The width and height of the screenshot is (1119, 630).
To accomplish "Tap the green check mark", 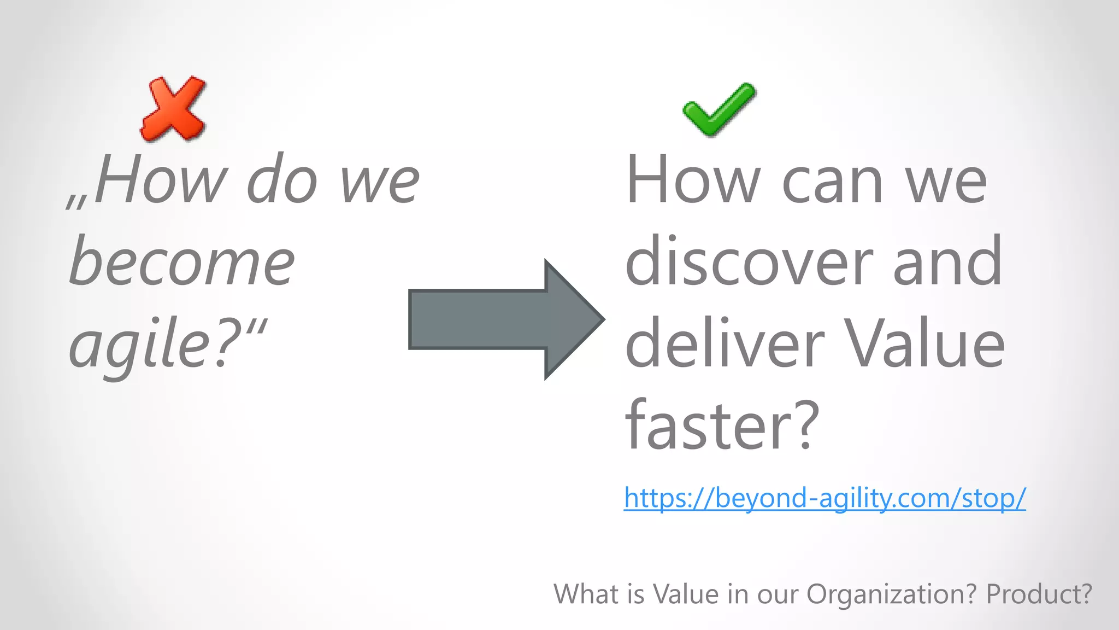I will (718, 109).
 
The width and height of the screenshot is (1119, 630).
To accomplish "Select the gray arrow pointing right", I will (506, 319).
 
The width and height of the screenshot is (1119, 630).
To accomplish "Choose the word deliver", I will (725, 345).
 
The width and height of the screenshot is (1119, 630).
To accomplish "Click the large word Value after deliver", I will (924, 345).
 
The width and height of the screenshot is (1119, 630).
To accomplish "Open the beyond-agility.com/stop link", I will (824, 498).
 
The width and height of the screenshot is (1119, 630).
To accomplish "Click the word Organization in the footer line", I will (891, 594).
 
